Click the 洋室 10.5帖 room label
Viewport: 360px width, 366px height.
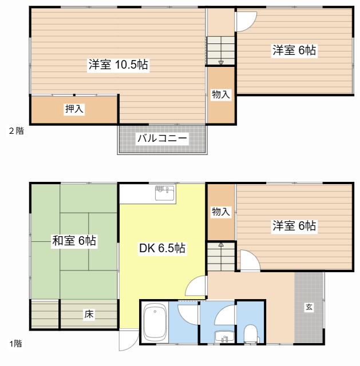click(118, 65)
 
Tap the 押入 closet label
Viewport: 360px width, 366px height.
click(74, 109)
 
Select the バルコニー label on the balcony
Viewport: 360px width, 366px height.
click(163, 138)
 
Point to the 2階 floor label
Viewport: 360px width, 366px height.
click(17, 131)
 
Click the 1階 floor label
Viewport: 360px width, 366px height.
click(15, 344)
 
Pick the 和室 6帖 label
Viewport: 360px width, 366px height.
click(74, 241)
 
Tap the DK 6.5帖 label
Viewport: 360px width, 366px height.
click(162, 248)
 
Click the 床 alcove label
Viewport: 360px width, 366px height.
click(89, 314)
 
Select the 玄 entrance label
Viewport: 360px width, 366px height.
click(309, 307)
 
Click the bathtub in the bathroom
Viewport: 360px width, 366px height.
click(155, 323)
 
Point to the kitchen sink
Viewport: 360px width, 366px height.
click(165, 193)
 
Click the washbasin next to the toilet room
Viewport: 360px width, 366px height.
click(224, 337)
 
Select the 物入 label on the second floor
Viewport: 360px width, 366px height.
click(221, 94)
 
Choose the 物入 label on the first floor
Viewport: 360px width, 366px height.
click(221, 212)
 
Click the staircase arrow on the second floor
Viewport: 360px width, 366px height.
click(221, 62)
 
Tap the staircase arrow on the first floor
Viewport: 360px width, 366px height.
click(221, 245)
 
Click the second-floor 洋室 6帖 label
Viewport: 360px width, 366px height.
click(294, 50)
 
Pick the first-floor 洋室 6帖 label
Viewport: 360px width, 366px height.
click(294, 226)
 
